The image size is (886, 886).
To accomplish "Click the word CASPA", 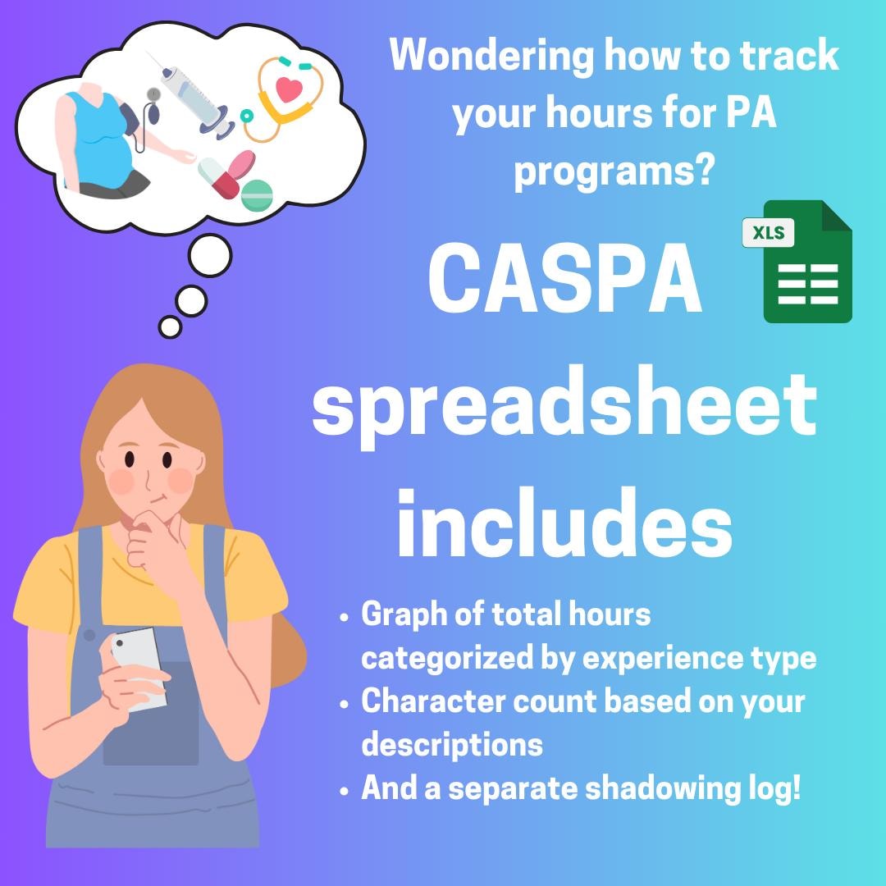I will click(x=565, y=281).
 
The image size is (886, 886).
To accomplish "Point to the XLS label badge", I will click(x=769, y=233).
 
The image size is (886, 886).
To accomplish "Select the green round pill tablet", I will click(x=257, y=195).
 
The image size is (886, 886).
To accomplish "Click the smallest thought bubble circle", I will click(x=170, y=327).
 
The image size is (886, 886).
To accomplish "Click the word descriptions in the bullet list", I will click(x=452, y=745).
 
